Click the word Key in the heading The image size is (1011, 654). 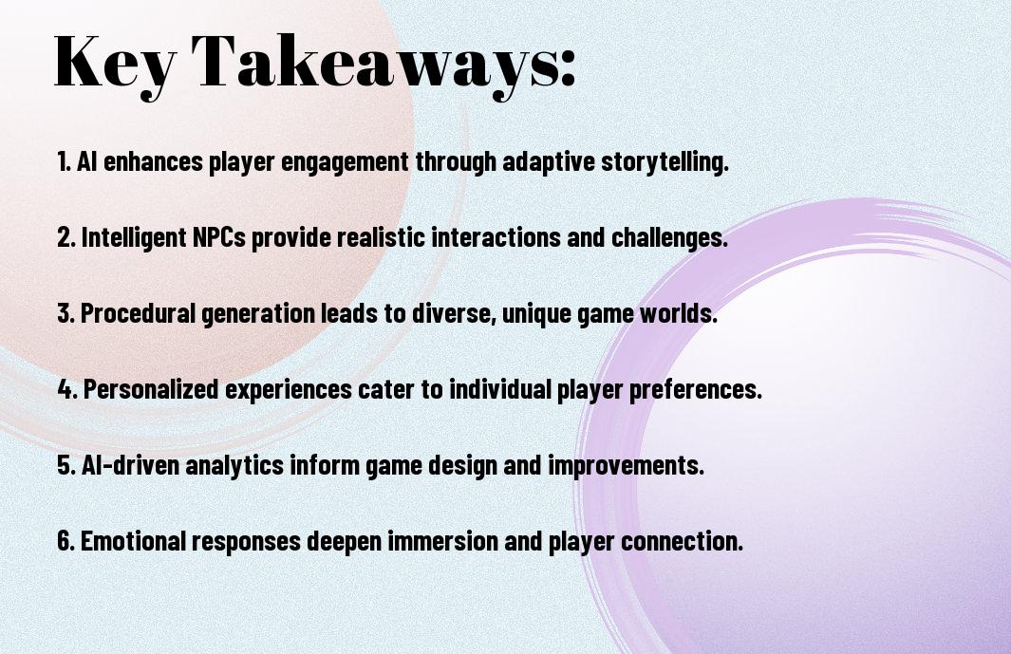coord(115,64)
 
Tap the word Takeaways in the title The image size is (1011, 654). coord(370,64)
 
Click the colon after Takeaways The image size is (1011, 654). coord(568,68)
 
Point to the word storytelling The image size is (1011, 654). coord(665,162)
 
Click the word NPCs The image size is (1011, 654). coord(219,237)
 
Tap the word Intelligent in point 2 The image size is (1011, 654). coord(134,238)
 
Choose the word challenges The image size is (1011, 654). coord(669,238)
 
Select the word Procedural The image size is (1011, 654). coord(138,313)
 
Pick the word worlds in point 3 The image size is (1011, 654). coord(679,313)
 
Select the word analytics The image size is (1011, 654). coord(234,466)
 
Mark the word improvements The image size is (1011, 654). coord(627,466)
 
